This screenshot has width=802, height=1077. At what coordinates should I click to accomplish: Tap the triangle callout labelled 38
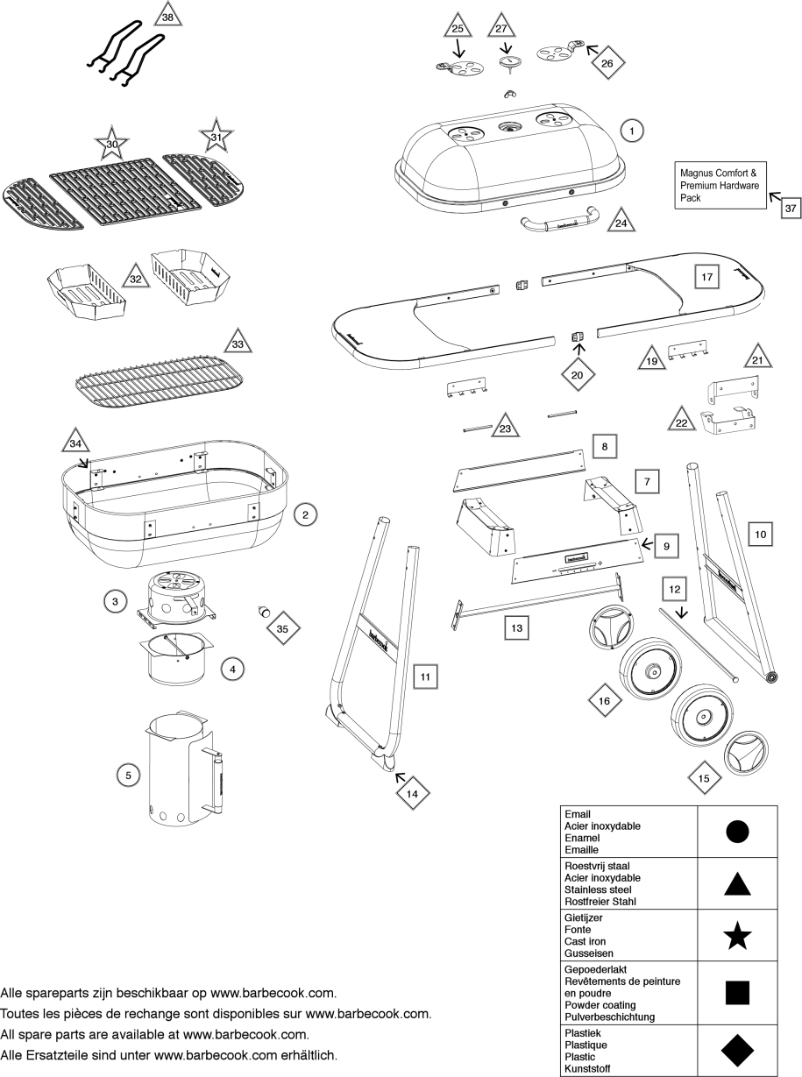167,16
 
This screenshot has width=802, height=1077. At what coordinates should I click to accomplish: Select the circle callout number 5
128,775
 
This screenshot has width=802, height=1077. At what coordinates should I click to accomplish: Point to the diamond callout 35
281,628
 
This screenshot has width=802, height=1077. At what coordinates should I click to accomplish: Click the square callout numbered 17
707,276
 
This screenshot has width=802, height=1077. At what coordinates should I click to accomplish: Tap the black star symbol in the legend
737,938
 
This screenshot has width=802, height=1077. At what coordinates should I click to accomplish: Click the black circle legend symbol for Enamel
737,832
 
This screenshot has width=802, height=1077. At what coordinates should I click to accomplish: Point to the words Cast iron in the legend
586,941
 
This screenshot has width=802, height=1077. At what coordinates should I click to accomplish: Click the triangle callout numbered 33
238,344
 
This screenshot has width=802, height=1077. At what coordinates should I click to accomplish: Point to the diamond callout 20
577,373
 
